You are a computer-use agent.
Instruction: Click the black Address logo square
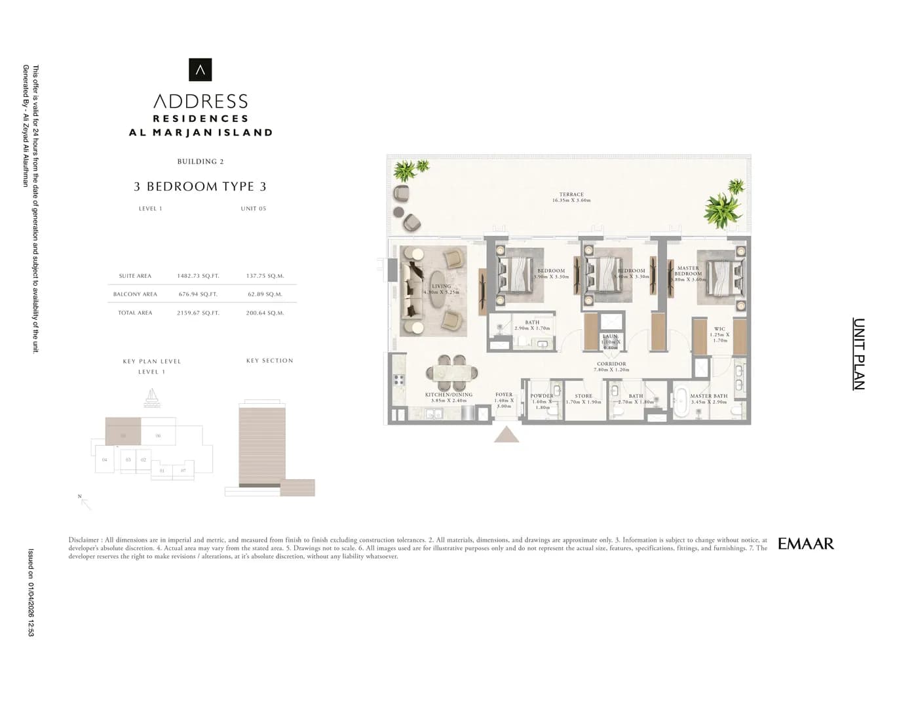coord(200,69)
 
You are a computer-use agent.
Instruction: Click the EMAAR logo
coord(805,544)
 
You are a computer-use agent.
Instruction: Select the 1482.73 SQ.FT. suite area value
coord(198,276)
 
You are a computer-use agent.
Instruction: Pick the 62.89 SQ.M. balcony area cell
coord(265,294)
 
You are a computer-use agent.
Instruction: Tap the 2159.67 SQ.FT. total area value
coord(198,313)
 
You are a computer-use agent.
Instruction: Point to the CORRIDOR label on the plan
coord(611,364)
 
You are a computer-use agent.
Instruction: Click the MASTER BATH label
coord(708,396)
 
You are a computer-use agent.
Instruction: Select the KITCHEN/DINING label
coord(448,395)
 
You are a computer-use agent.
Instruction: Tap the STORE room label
coord(583,396)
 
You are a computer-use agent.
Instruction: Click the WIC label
coord(719,329)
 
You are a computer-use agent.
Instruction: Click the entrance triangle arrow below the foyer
coord(506,435)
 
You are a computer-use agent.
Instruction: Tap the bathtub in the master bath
coord(681,399)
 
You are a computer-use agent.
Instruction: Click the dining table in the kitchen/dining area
coord(451,372)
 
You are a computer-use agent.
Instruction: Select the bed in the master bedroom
coord(721,276)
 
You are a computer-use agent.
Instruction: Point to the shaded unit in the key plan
coord(123,431)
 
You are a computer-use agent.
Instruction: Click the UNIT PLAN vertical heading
coord(858,354)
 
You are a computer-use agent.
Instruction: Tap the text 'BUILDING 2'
coord(200,161)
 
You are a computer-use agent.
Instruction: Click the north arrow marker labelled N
coord(84,501)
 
